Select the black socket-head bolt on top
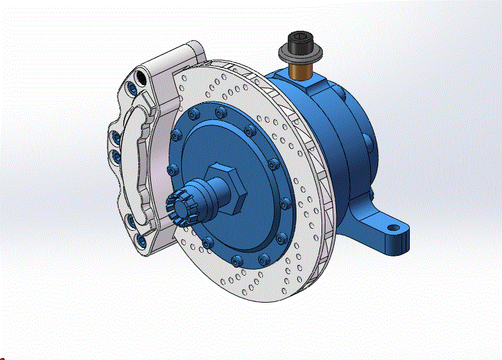(x=300, y=40)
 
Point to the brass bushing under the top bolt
(x=303, y=69)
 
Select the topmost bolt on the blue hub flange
(x=217, y=109)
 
